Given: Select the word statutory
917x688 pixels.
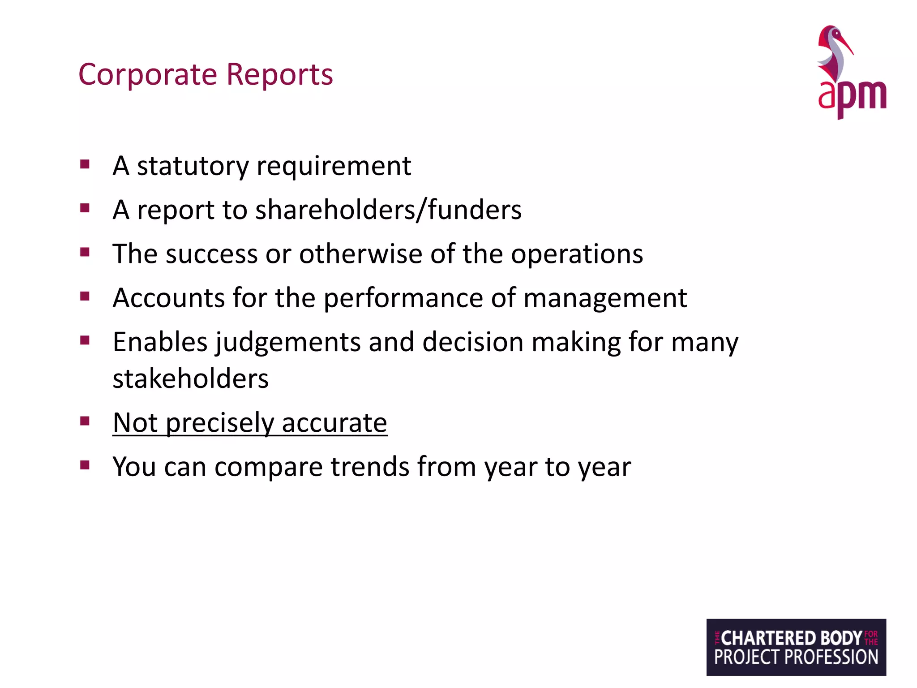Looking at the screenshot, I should pos(193,167).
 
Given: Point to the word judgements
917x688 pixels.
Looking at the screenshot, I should pos(288,343).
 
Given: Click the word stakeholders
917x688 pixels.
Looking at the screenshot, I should pos(190,379).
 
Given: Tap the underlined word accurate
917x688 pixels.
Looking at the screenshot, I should pos(334,423).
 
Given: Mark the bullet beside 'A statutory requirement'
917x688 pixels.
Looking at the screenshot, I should pos(85,164).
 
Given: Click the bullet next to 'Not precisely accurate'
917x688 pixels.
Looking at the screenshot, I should pos(85,421).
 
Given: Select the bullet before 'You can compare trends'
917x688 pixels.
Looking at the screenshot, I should pos(85,464).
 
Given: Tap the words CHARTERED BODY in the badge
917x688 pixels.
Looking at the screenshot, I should pos(791,638).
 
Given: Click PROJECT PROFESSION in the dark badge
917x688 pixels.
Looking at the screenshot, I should pos(796,658).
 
